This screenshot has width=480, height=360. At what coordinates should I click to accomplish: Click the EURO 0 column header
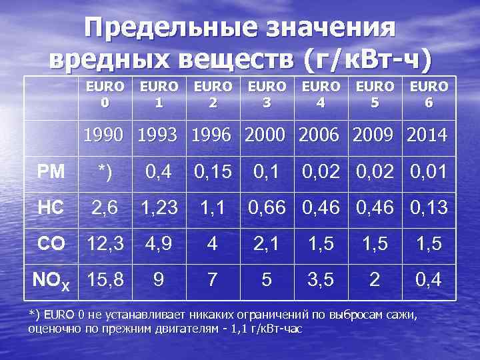click(x=105, y=95)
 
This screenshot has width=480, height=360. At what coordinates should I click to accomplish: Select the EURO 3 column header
click(x=267, y=95)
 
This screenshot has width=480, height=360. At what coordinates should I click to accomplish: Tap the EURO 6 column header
click(x=429, y=95)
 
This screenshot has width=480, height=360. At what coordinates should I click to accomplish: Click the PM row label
click(x=51, y=172)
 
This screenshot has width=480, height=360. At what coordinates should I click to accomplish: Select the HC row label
click(x=51, y=208)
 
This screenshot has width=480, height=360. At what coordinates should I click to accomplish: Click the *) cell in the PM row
click(x=105, y=172)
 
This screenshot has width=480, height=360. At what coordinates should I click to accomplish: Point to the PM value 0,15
click(x=213, y=172)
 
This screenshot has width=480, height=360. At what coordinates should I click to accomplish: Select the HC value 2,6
click(x=105, y=208)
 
